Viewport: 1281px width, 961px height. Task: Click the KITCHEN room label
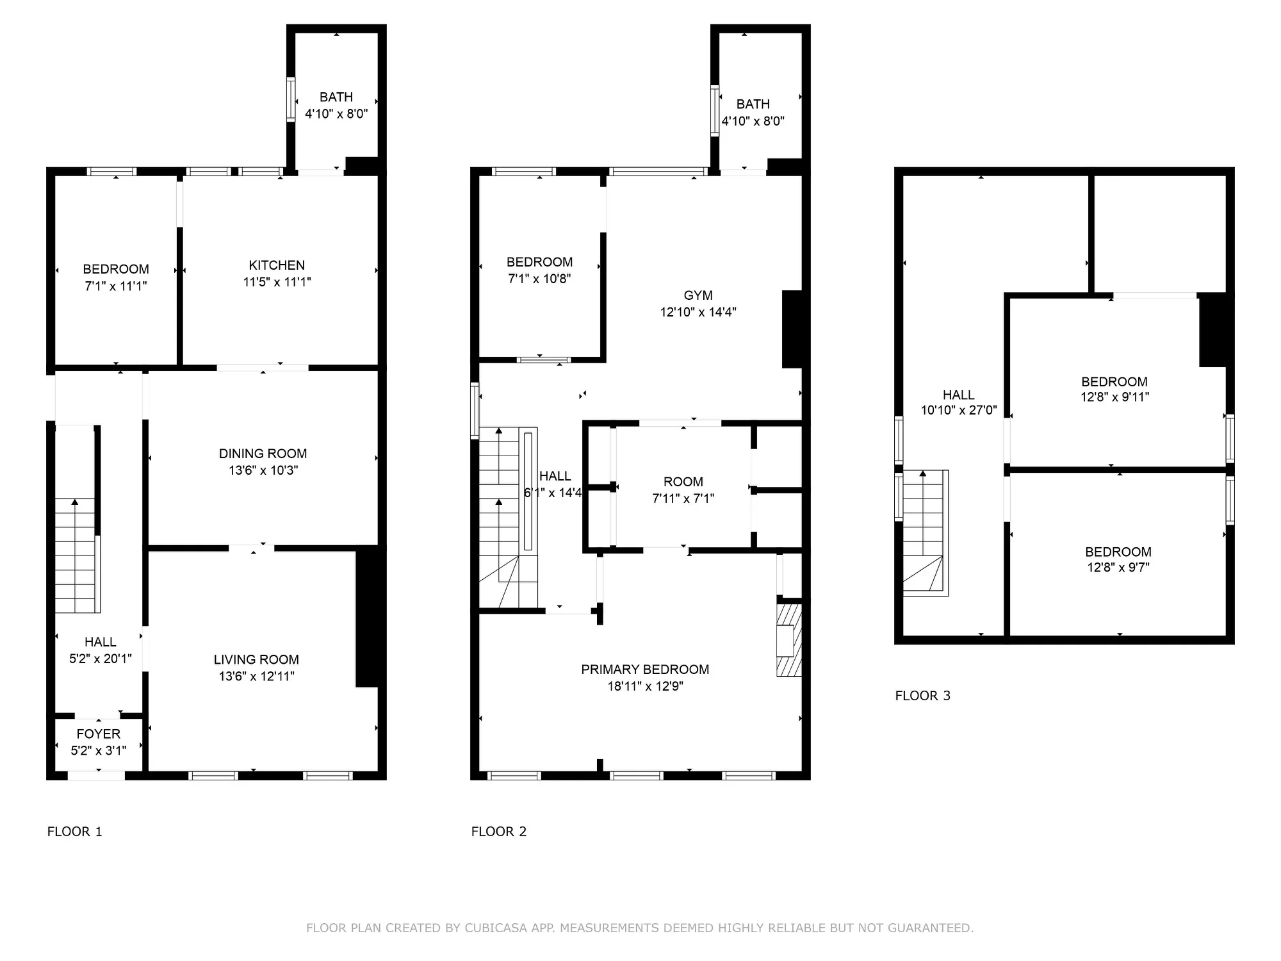[x=277, y=265]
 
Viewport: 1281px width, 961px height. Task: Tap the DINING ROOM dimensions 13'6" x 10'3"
[x=263, y=470]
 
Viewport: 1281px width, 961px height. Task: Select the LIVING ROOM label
[x=256, y=659]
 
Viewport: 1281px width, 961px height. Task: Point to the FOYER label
[x=99, y=734]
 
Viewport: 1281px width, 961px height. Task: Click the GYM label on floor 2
[x=698, y=295]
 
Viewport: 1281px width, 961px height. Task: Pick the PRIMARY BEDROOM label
[x=645, y=669]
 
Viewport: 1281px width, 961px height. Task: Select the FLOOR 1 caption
[x=74, y=832]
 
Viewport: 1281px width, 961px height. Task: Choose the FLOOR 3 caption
[x=922, y=696]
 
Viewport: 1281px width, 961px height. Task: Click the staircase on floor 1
[x=76, y=556]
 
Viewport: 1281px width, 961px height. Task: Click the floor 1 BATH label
[x=336, y=97]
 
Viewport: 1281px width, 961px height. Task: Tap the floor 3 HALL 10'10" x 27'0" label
[x=959, y=402]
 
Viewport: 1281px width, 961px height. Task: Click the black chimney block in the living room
[x=367, y=616]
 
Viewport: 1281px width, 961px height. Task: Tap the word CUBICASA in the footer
[x=496, y=928]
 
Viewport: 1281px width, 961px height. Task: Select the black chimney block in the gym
[x=792, y=329]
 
